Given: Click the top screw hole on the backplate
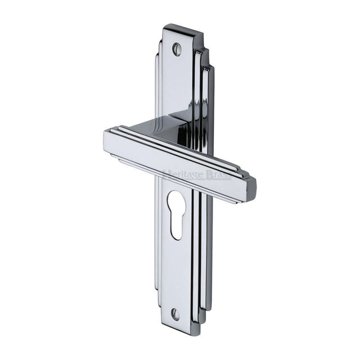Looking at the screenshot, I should click(177, 49).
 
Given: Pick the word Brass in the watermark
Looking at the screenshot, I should click(218, 174).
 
